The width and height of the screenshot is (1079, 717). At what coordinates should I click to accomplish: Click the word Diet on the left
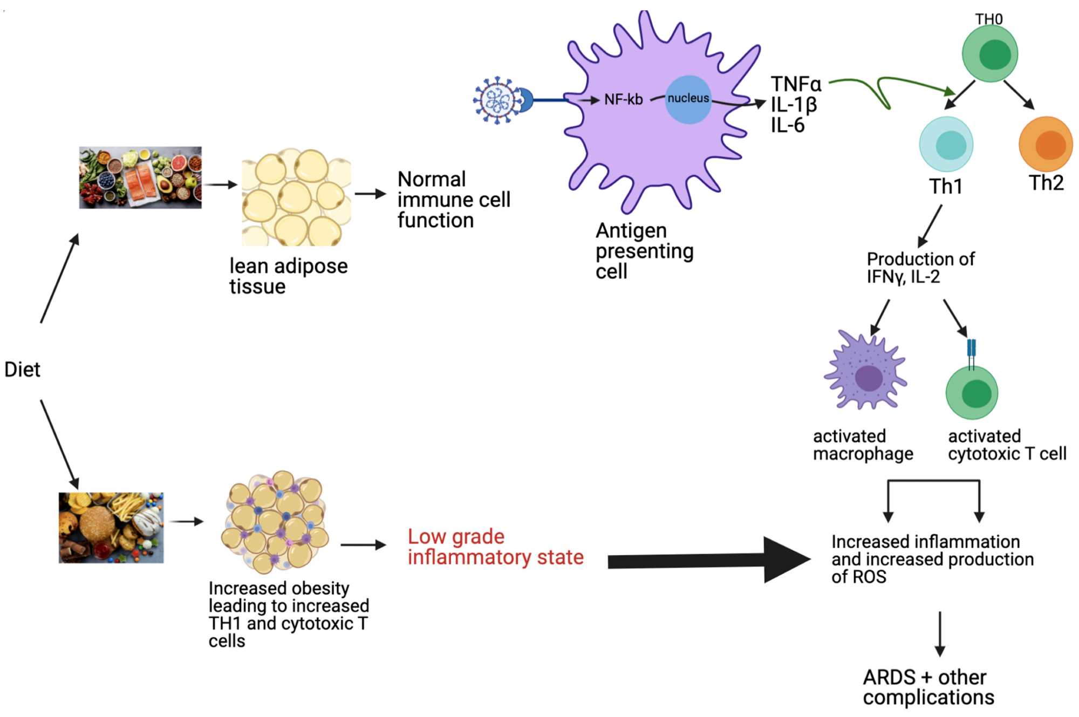(22, 370)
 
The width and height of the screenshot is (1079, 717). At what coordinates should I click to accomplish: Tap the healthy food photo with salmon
(140, 177)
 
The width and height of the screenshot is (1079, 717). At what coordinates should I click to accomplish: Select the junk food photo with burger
(111, 528)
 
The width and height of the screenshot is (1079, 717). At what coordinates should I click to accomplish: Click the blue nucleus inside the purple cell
(688, 99)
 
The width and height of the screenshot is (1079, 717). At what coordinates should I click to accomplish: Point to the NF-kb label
(623, 100)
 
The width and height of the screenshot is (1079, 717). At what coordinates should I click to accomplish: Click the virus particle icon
(497, 100)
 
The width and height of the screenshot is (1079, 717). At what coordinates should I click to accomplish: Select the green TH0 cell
(990, 54)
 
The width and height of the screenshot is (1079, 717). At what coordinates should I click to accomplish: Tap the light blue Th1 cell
(946, 145)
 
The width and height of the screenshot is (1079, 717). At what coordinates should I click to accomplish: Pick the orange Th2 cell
(1046, 145)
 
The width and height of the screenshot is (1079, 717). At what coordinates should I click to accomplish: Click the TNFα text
(796, 84)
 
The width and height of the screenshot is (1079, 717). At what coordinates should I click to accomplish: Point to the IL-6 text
(787, 125)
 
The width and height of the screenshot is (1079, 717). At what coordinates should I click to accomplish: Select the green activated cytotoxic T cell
(972, 392)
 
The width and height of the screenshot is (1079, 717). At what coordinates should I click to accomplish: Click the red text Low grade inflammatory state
(495, 547)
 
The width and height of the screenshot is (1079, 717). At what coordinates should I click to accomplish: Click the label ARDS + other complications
(928, 687)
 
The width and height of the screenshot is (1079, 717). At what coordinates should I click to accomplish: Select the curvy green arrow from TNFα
(885, 89)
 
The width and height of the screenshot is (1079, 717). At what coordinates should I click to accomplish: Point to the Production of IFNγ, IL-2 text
(920, 268)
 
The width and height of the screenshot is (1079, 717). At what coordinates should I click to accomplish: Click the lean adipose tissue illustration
(296, 197)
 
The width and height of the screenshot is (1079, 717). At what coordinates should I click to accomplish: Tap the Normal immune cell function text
(453, 200)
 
